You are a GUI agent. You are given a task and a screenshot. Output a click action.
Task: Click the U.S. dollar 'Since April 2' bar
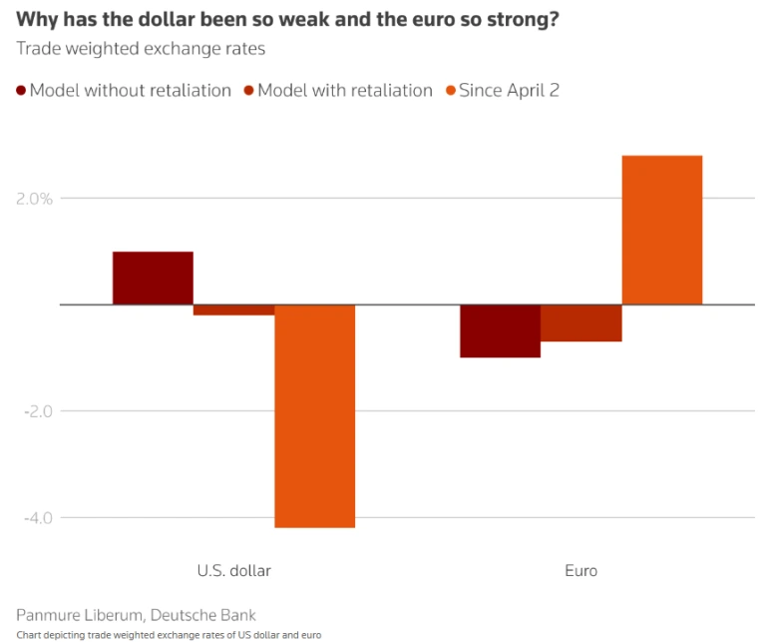[314, 415]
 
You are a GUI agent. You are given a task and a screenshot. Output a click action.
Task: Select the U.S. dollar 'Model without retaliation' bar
[153, 278]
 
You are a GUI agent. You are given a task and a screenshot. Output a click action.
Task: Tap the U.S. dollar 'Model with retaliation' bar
[233, 310]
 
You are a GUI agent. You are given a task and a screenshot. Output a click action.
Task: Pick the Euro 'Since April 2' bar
[662, 230]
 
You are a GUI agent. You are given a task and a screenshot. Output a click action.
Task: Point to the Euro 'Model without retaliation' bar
[500, 330]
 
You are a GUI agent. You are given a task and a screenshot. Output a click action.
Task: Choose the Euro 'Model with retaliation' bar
[581, 322]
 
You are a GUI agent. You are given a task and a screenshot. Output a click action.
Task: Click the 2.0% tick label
[34, 198]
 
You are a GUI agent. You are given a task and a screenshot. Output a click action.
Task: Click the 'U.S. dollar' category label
[233, 571]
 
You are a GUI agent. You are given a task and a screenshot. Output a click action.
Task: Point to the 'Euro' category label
[581, 571]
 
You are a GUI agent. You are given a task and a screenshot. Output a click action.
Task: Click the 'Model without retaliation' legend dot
[21, 91]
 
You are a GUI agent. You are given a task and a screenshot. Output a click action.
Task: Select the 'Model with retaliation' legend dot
[249, 91]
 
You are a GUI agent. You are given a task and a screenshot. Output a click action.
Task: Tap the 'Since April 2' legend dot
[450, 91]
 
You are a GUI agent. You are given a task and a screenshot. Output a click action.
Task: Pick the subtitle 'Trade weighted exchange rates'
[141, 48]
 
